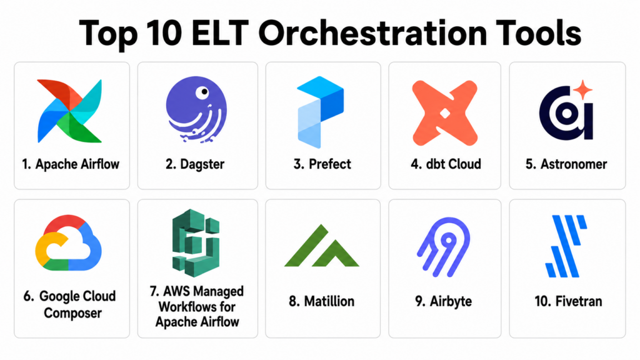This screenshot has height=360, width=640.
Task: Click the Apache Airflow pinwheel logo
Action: coord(69,111)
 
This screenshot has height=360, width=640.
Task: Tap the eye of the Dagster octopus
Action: coord(202,92)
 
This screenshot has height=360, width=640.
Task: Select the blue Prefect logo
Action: coord(321,112)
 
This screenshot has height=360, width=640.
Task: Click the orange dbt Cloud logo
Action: coord(444,113)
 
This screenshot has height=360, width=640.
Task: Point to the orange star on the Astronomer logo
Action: coord(583,89)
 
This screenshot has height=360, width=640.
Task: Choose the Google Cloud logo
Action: coord(68,242)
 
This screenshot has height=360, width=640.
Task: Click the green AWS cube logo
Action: coord(196,242)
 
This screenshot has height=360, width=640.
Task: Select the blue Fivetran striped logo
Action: coord(566,246)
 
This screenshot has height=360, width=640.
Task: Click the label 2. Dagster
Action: coord(195,164)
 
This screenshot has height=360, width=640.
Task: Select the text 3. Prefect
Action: coord(322,164)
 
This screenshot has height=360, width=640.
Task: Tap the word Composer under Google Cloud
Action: coord(72,314)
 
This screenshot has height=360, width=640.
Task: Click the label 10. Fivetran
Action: coord(568,301)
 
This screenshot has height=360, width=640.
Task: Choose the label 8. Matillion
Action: coord(322,301)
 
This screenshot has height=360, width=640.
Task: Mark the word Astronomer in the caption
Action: coord(574,164)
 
